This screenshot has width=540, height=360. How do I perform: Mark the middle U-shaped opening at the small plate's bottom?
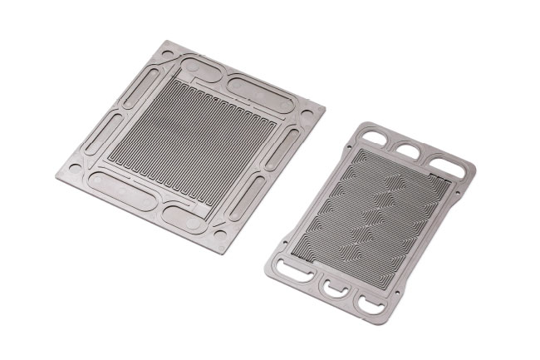click(x=334, y=287)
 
